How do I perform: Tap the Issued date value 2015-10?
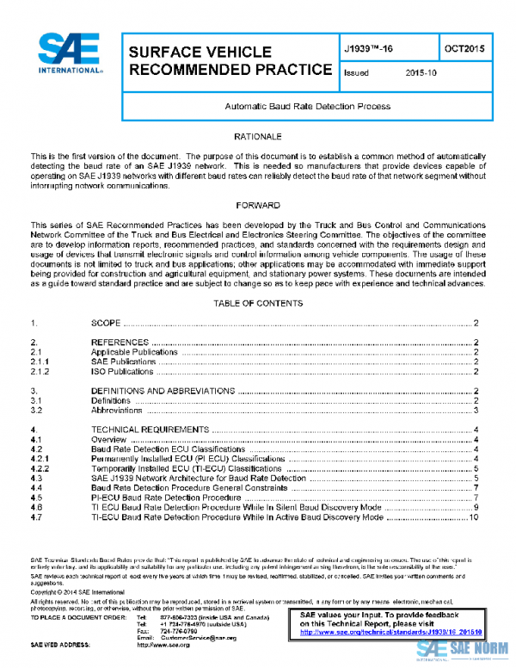[x=421, y=73]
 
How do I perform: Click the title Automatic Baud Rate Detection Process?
[x=307, y=106]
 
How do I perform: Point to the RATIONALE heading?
[x=258, y=138]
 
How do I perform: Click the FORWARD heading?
[x=258, y=207]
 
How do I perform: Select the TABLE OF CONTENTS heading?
[x=258, y=303]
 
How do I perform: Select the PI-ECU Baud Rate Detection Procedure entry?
[x=166, y=498]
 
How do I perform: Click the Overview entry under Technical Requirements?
[x=109, y=440]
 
